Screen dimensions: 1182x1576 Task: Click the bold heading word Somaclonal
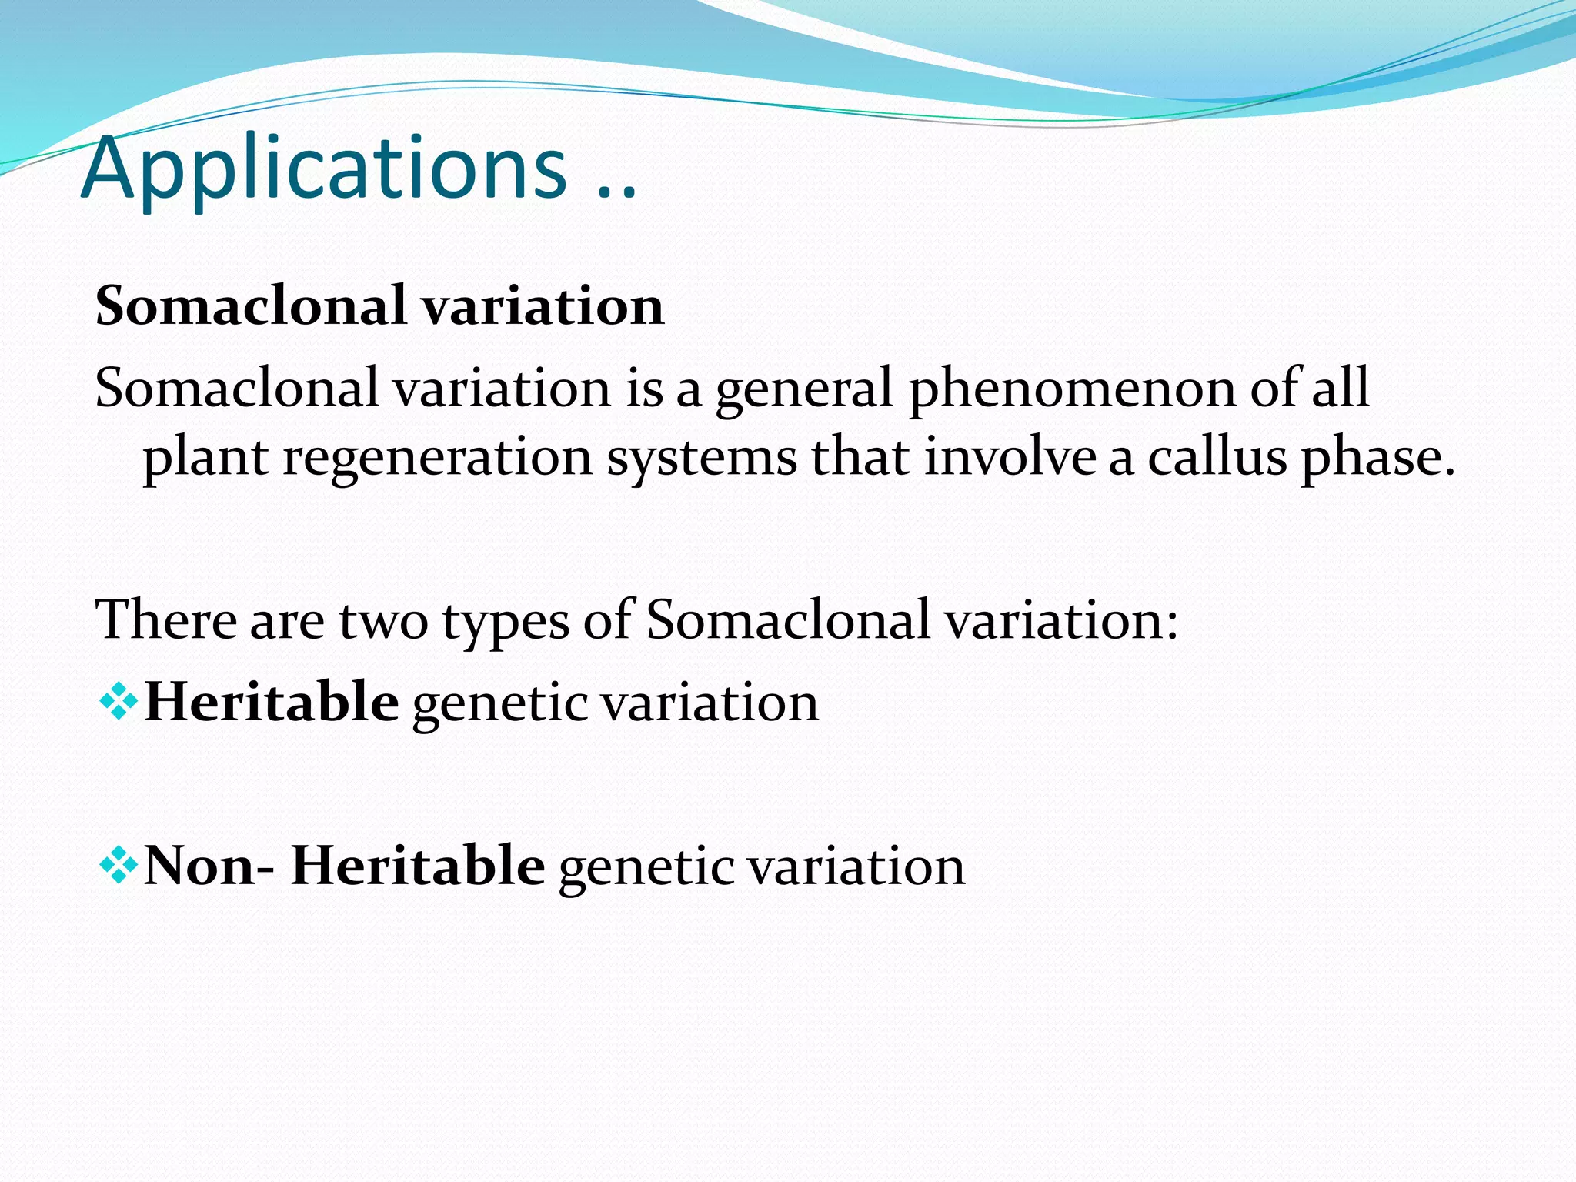pyautogui.click(x=251, y=306)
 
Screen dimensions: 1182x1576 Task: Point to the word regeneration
pyautogui.click(x=437, y=459)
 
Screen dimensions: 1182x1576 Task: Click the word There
pyautogui.click(x=165, y=620)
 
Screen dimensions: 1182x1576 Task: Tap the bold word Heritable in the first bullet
pyautogui.click(x=271, y=703)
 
